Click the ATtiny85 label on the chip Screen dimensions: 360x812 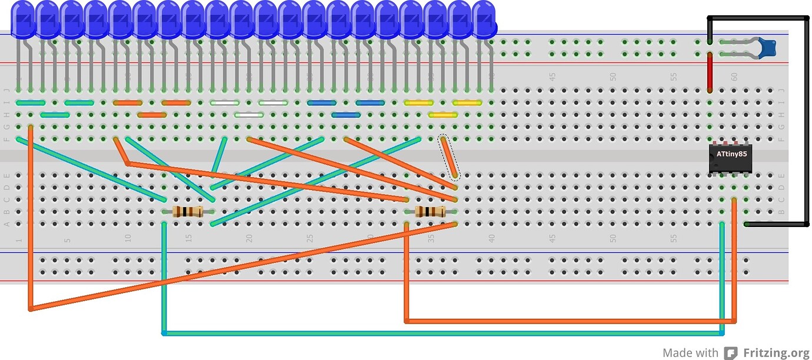732,154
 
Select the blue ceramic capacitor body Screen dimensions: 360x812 766,47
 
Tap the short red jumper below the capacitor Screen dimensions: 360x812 710,73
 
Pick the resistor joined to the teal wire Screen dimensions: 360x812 188,212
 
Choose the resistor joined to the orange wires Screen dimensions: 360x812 430,212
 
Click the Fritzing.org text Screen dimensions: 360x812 776,353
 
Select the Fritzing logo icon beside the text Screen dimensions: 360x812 730,353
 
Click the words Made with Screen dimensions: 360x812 690,353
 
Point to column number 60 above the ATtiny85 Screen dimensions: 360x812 734,77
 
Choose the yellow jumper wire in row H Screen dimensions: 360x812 443,115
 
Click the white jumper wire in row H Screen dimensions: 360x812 249,115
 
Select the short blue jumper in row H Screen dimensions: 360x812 346,115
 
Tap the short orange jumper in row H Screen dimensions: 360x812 152,115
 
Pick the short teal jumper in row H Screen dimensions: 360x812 55,115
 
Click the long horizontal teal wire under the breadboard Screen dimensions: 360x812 441,334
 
